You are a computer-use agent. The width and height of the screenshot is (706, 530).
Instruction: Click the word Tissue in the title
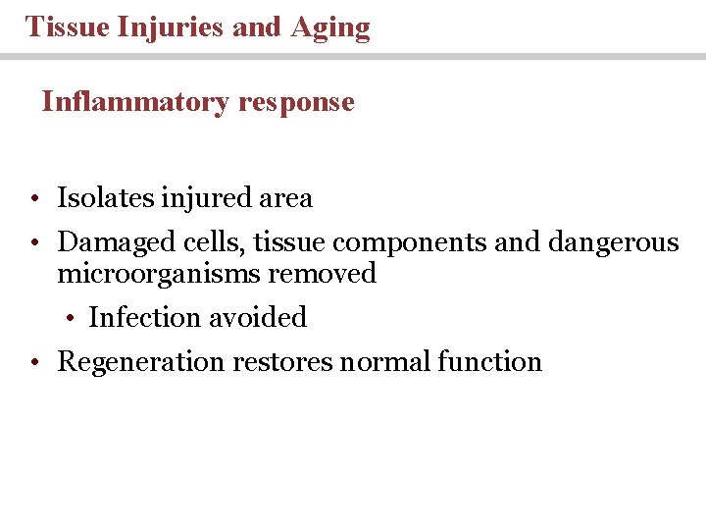(67, 26)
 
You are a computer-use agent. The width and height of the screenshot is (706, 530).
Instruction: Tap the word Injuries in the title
(171, 26)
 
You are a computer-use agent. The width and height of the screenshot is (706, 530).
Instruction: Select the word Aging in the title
(330, 27)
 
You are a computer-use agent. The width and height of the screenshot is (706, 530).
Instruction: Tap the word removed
(323, 273)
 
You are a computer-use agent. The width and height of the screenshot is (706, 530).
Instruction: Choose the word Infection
(142, 317)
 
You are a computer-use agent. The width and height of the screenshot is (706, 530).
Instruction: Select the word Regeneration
(141, 362)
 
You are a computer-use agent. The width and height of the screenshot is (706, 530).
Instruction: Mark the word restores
(281, 362)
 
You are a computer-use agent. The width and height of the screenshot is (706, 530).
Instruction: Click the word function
(489, 361)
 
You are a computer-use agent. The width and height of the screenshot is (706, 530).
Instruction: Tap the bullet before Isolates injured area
(33, 199)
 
